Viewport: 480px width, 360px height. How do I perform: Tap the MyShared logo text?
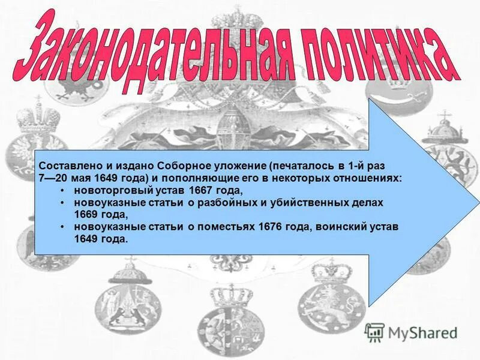click(422, 333)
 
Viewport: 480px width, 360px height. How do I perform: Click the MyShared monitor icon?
click(374, 332)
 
